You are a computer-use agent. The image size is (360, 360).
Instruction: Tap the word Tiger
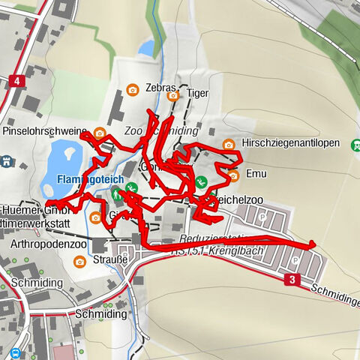(197, 94)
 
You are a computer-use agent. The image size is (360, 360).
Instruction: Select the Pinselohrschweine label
(44, 131)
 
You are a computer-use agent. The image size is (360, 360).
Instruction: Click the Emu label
(256, 172)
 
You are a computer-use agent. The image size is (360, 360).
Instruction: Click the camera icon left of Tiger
(174, 95)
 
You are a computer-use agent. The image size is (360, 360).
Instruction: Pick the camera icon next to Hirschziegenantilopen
(228, 144)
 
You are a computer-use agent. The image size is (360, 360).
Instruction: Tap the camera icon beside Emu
(233, 175)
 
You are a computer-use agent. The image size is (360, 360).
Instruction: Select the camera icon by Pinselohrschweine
(100, 133)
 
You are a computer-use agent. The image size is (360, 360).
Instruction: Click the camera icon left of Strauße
(80, 261)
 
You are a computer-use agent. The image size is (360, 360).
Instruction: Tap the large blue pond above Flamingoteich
(64, 159)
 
